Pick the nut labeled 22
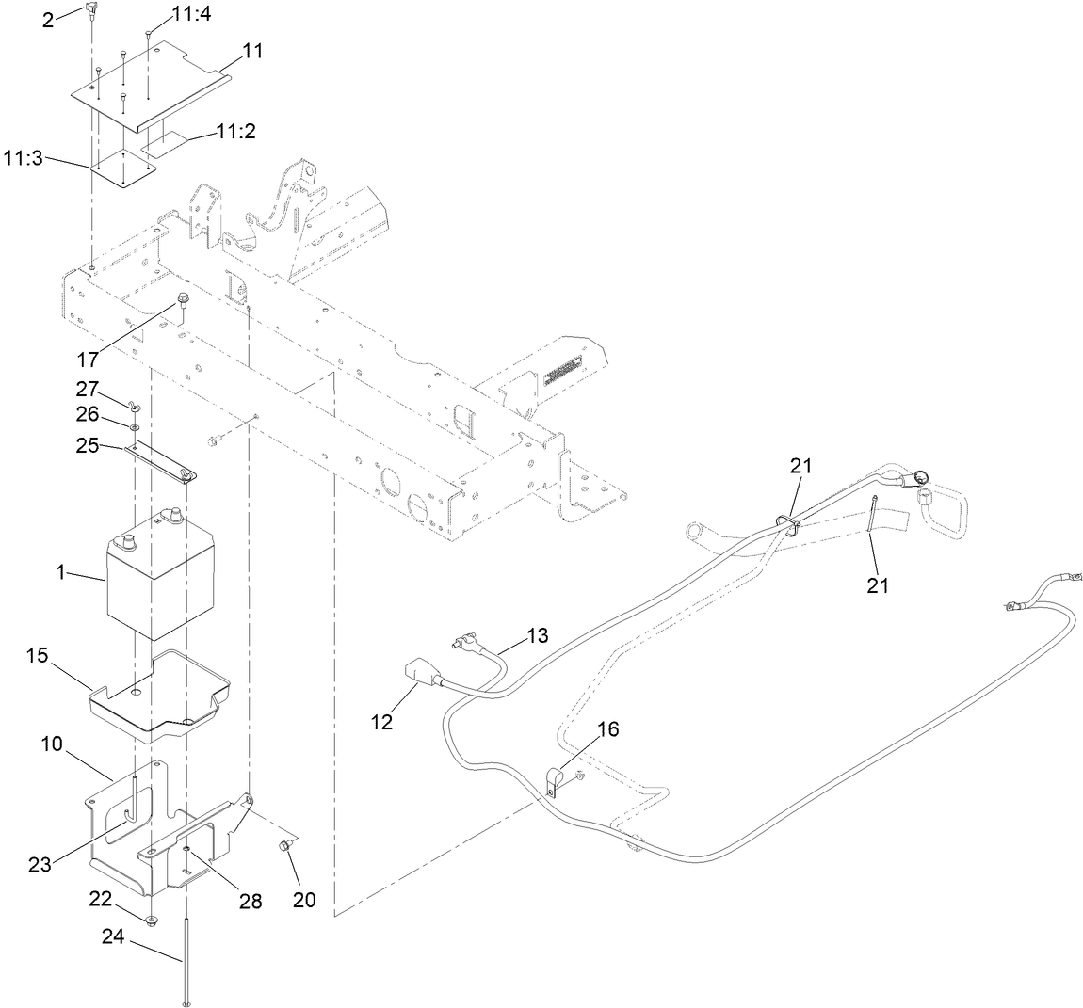[x=151, y=918]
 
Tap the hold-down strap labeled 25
[x=160, y=462]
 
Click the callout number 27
[x=87, y=389]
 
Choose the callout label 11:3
[x=23, y=159]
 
